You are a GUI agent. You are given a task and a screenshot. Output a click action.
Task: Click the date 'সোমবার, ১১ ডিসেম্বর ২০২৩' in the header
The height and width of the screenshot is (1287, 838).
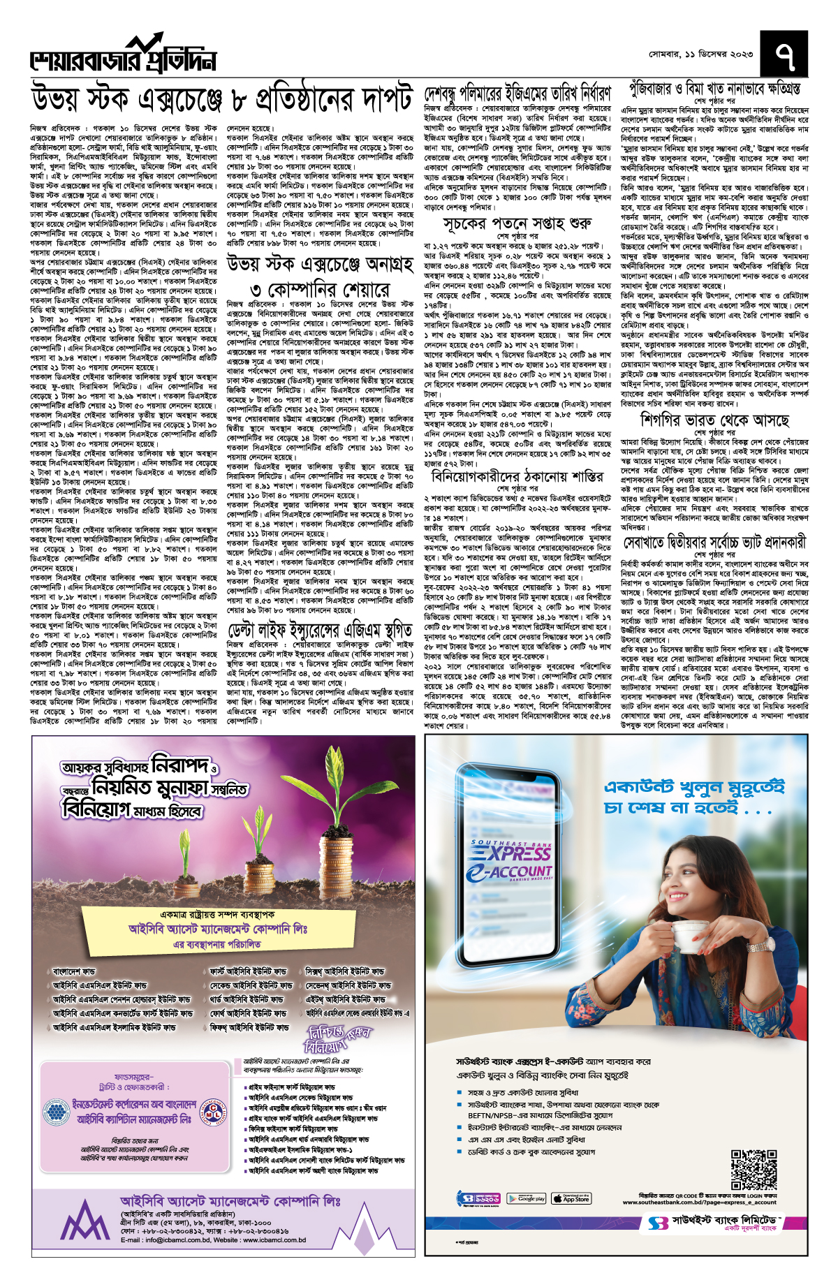point(691,54)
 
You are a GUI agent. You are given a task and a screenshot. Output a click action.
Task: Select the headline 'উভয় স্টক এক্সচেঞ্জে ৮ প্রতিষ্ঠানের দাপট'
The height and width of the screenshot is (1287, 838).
point(222,100)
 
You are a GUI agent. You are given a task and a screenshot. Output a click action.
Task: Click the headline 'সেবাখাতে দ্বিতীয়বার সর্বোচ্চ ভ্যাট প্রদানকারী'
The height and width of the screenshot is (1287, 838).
point(715,542)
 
